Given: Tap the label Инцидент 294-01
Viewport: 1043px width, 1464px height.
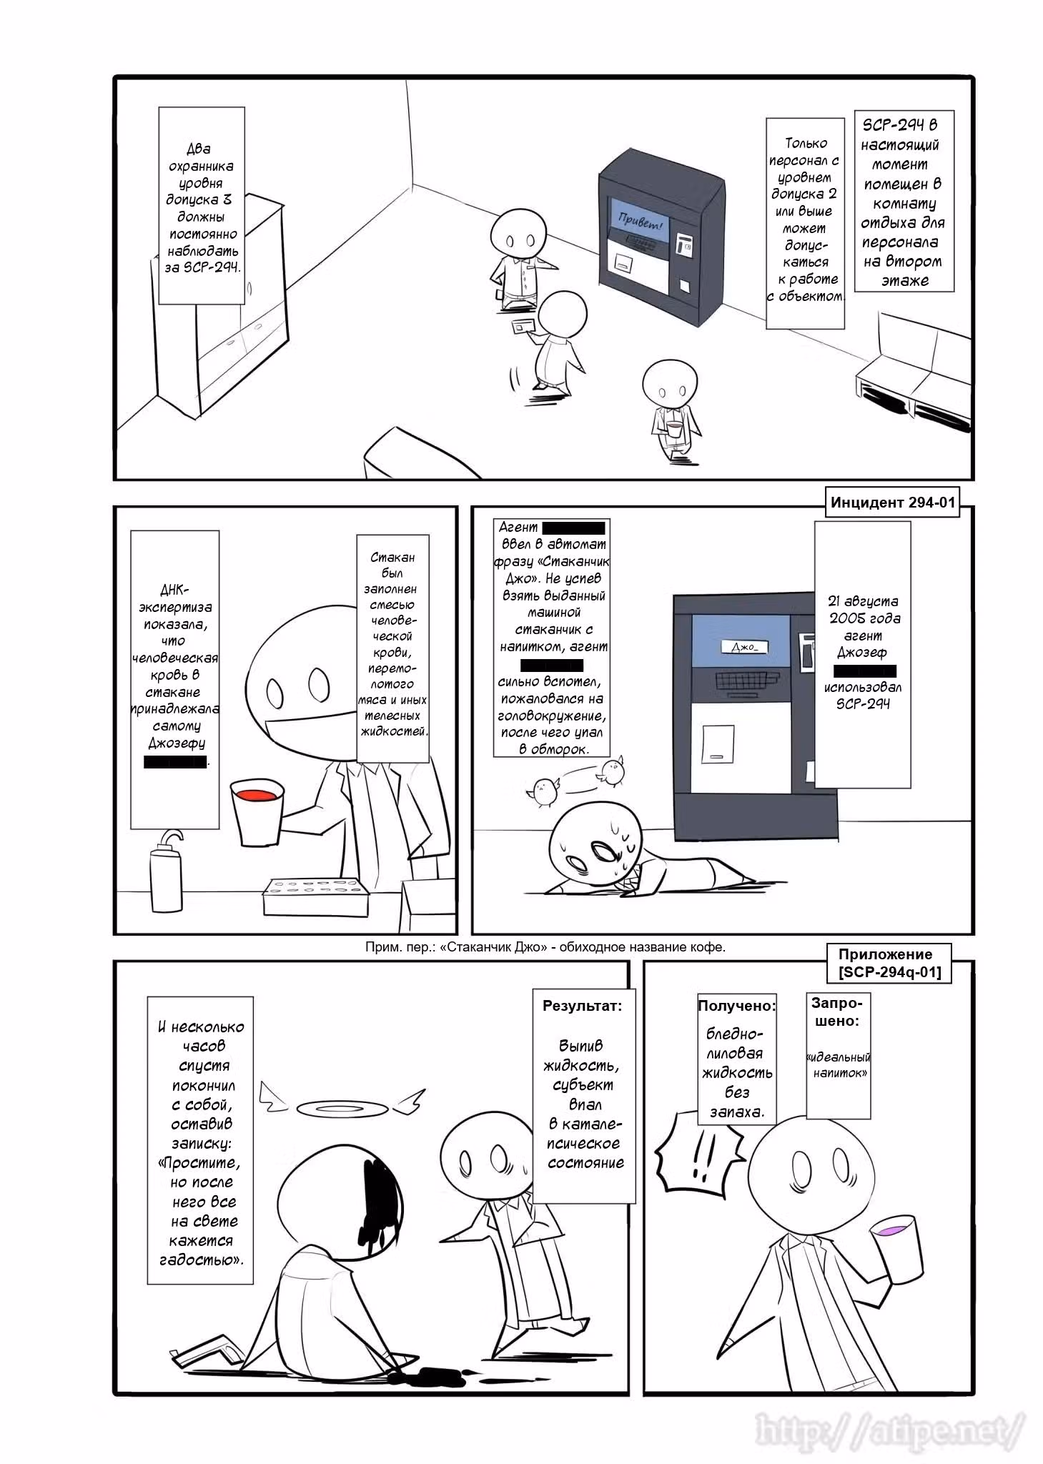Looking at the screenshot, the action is tap(892, 502).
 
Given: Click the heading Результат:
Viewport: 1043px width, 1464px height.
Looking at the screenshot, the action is tap(582, 1006).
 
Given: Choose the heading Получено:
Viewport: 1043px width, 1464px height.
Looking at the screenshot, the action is tap(736, 1006).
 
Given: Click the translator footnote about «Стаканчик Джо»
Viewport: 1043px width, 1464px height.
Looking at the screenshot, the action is tap(545, 947).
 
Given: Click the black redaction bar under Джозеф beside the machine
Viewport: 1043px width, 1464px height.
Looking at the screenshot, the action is tap(865, 671).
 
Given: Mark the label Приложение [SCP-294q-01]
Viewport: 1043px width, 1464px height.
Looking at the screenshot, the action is tap(890, 963).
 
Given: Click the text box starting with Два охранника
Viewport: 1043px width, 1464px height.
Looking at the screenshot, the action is tap(201, 207).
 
